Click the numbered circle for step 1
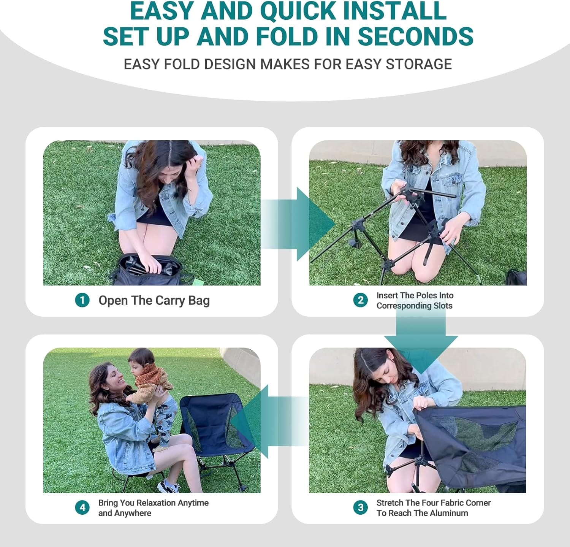82,300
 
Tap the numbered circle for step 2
360,300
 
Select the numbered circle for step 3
360,507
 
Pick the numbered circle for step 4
82,507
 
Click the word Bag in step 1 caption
199,301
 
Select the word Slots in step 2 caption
443,306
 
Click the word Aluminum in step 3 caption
450,513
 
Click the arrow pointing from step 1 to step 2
298,224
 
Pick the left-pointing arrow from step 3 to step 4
269,421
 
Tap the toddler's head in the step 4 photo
141,359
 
